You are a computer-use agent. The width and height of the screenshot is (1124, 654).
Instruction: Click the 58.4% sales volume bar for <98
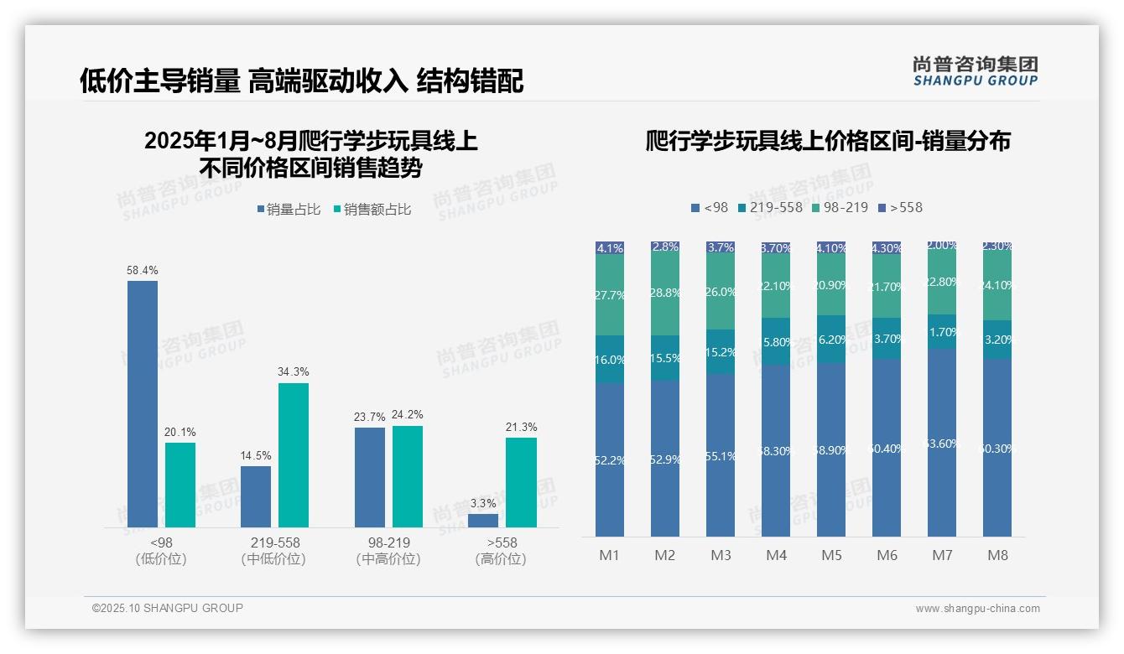143,403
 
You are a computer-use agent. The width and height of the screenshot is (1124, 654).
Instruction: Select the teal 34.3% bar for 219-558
294,454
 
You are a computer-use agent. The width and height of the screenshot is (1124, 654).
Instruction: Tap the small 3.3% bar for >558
483,520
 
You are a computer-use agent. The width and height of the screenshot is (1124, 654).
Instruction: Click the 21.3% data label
521,427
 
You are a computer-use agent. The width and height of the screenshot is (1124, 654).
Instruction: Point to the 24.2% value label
408,414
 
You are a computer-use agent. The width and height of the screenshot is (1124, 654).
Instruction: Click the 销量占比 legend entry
289,210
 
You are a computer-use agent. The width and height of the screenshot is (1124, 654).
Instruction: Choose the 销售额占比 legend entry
372,210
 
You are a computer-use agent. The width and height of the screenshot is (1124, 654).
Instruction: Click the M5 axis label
831,555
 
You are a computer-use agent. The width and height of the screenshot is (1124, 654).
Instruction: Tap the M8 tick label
997,555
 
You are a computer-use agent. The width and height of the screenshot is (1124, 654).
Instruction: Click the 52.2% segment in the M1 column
610,459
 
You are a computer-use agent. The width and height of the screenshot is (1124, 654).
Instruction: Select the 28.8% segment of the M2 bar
665,293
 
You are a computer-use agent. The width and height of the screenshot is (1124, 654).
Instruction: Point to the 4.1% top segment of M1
610,248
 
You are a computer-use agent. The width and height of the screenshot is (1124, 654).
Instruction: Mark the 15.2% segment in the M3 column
721,351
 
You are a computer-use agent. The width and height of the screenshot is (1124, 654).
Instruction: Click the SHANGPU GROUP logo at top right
975,71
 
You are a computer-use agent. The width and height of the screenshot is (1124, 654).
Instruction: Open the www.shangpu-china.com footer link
977,609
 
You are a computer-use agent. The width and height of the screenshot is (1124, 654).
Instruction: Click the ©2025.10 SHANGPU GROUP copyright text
168,608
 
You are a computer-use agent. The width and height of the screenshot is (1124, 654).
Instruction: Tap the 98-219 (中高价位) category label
388,551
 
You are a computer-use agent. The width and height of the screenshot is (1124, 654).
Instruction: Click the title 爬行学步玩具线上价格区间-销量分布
827,141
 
